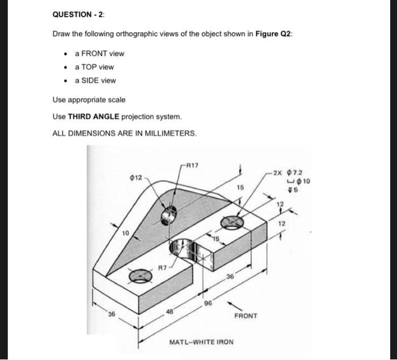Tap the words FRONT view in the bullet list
(100, 53)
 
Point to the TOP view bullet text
(94, 67)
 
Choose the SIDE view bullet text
(95, 81)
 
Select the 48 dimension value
(170, 311)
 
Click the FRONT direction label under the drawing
(245, 316)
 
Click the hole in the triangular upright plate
(170, 214)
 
